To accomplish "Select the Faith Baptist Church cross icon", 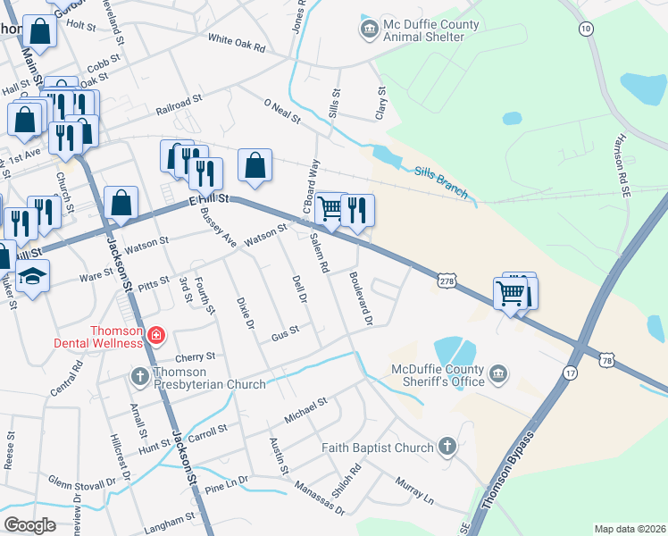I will tap(447, 447).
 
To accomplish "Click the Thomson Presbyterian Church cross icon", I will tap(139, 376).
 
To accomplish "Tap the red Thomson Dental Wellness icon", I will tap(156, 336).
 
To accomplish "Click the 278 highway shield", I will tap(447, 281).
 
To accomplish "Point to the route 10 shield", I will tap(586, 29).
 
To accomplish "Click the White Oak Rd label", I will tap(237, 41).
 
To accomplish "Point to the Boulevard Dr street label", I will tap(360, 297).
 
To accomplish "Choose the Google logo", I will tap(30, 524).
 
